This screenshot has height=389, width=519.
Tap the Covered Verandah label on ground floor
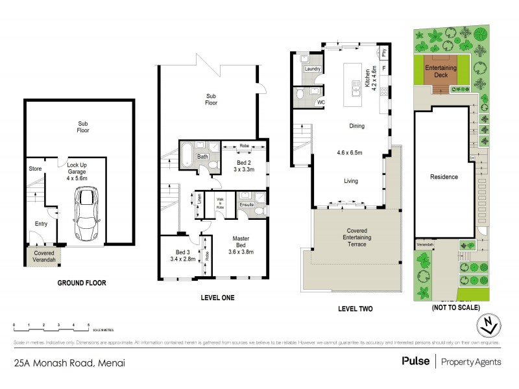44,256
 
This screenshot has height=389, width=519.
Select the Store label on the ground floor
35,169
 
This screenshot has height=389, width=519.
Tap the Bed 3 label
182,252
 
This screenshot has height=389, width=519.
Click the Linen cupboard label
200,198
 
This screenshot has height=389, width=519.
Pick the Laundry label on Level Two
313,69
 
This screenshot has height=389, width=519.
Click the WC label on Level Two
320,102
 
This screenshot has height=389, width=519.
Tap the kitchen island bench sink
356,84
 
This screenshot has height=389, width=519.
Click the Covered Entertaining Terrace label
356,238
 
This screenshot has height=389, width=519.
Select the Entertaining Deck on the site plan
439,71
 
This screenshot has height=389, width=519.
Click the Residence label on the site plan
444,177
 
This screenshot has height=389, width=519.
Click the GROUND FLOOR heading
81,283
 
